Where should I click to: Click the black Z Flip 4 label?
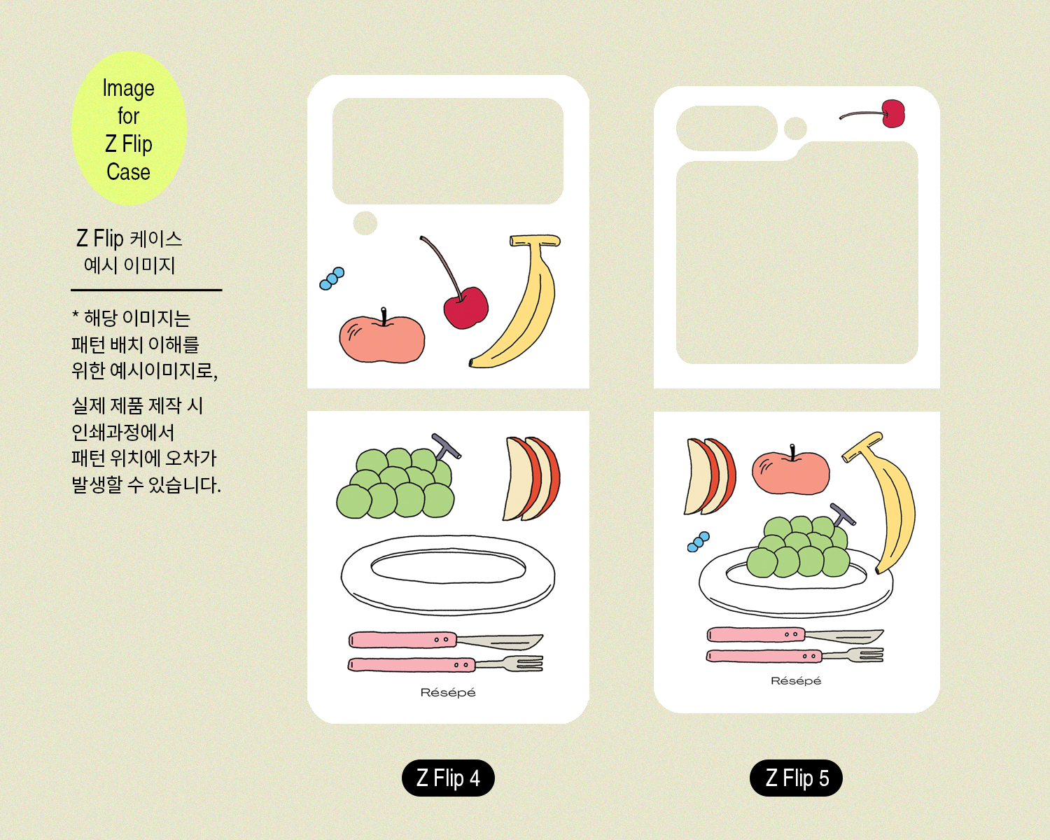click(x=448, y=778)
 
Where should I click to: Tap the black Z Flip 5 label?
click(x=796, y=778)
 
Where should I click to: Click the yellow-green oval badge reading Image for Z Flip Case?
click(x=129, y=128)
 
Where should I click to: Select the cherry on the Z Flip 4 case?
click(x=465, y=307)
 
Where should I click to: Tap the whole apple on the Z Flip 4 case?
click(x=382, y=337)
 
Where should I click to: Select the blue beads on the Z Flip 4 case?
click(x=332, y=278)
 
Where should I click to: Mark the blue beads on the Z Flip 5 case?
click(x=698, y=542)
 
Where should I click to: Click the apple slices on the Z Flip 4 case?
click(x=531, y=478)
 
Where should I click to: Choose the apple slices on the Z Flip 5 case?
click(x=710, y=477)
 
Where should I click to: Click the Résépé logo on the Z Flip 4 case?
click(x=448, y=692)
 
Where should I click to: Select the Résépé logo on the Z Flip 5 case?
click(x=796, y=680)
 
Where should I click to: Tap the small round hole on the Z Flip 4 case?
click(x=365, y=223)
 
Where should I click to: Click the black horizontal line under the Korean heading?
click(x=146, y=290)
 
